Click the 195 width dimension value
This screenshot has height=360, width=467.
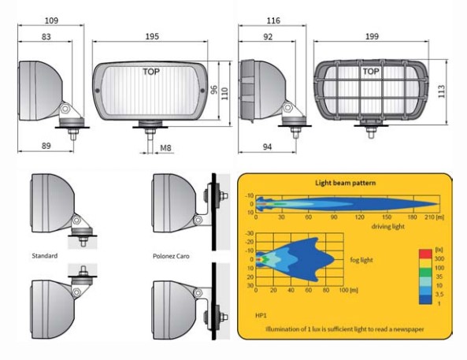click(x=152, y=36)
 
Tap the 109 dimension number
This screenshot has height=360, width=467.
click(x=51, y=20)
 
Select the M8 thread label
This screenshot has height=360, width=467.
click(x=165, y=148)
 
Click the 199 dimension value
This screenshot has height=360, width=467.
click(x=372, y=36)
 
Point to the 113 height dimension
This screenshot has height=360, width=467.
click(x=442, y=91)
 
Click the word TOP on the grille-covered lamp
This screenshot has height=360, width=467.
click(x=371, y=72)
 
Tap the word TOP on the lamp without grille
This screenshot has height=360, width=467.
click(x=151, y=72)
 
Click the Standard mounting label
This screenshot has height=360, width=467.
click(x=45, y=256)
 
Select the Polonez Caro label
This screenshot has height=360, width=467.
click(x=171, y=256)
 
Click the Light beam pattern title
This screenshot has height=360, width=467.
click(x=345, y=183)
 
